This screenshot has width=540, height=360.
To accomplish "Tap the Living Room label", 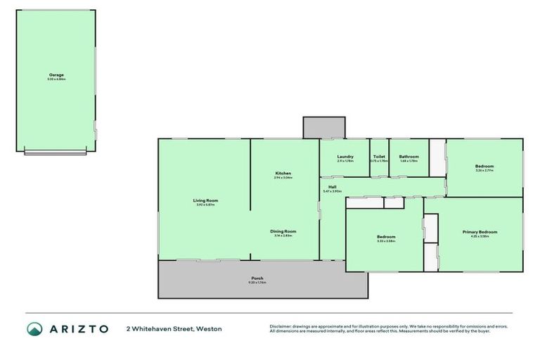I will tap(204, 200).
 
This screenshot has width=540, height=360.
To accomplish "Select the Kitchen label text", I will tap(283, 173).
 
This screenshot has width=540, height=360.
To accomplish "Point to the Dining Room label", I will tap(283, 231).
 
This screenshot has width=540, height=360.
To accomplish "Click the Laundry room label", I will tap(345, 157).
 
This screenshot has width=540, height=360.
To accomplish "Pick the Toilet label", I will tap(379, 157).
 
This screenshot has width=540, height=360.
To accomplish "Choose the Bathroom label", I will tap(409, 157).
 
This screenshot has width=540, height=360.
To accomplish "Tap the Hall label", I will tap(331, 186).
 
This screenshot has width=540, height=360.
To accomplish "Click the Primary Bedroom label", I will tap(480, 231).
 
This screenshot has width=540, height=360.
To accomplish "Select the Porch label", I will tap(257, 278).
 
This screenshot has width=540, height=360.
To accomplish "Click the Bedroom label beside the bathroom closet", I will tap(484, 166).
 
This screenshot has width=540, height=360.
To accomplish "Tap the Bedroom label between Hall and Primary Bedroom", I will tap(385, 237).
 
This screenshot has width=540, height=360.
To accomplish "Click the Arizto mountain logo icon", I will tap(34, 329).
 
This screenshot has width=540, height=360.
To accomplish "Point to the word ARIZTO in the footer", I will tap(78, 329).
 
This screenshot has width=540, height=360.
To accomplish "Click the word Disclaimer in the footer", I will tap(282, 326).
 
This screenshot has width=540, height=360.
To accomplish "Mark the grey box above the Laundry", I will tap(323, 127).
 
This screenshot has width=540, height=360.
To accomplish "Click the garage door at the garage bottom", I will tap(56, 152).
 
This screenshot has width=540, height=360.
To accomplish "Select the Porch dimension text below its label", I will tap(257, 283).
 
